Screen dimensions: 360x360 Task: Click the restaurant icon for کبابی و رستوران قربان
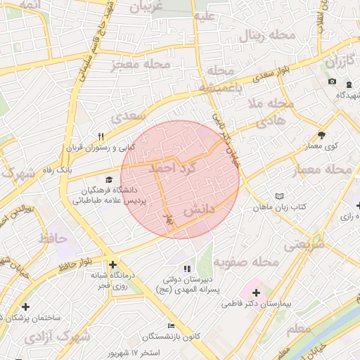coord(101,137)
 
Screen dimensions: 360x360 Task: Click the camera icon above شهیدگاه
coord(332,82)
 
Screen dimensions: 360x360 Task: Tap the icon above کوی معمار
coord(321,135)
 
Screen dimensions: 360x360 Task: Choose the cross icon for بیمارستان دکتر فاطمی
coord(255,292)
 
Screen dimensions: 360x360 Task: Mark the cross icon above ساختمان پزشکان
coord(26,307)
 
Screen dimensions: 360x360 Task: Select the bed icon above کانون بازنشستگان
coord(171,326)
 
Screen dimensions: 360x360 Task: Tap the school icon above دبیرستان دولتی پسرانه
coord(186,269)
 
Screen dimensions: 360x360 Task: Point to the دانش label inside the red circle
coord(198,210)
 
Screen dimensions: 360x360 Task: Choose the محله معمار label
coord(328,169)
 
